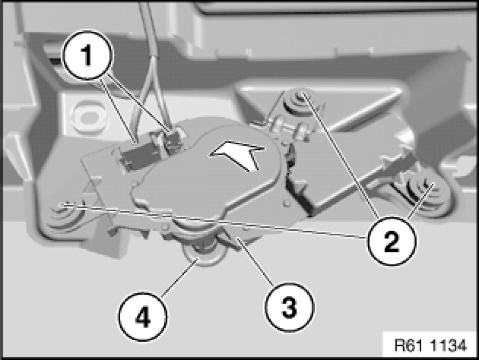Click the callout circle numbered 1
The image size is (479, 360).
click(x=88, y=55)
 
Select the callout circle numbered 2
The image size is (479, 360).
click(x=391, y=241)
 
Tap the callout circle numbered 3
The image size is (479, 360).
click(x=289, y=307)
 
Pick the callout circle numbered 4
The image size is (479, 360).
click(x=143, y=317)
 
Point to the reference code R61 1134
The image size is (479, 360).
click(x=431, y=346)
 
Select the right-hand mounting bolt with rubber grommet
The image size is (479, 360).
click(x=422, y=190)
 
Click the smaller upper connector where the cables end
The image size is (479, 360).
click(x=174, y=140)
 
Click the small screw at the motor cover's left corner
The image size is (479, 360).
click(x=135, y=184)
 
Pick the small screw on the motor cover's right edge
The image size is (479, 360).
click(x=286, y=203)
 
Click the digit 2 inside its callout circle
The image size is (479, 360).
click(x=391, y=241)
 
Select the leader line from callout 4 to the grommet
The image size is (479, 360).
click(x=179, y=278)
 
